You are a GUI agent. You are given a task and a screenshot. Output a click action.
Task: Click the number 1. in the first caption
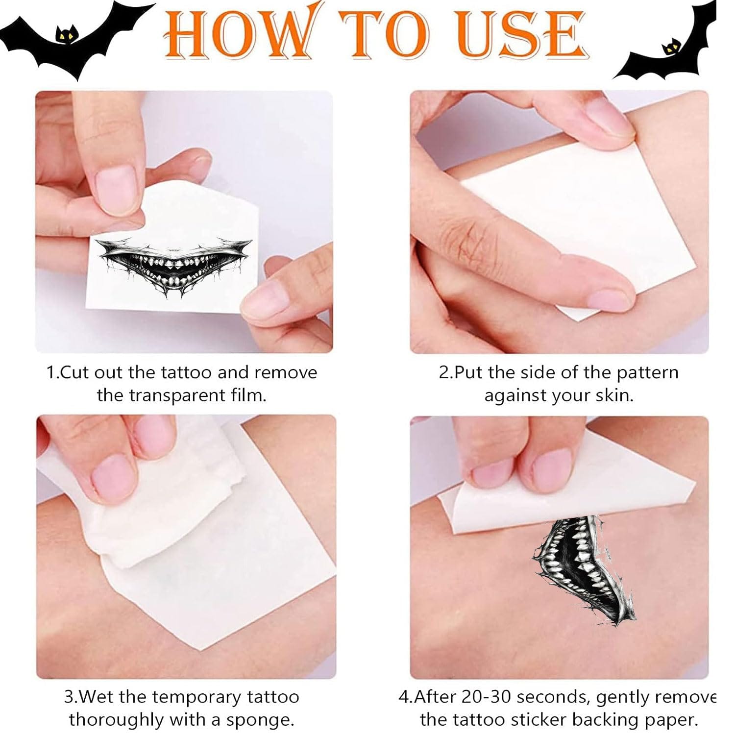(52, 373)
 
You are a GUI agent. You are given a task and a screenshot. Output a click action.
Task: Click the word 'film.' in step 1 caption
(249, 395)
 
